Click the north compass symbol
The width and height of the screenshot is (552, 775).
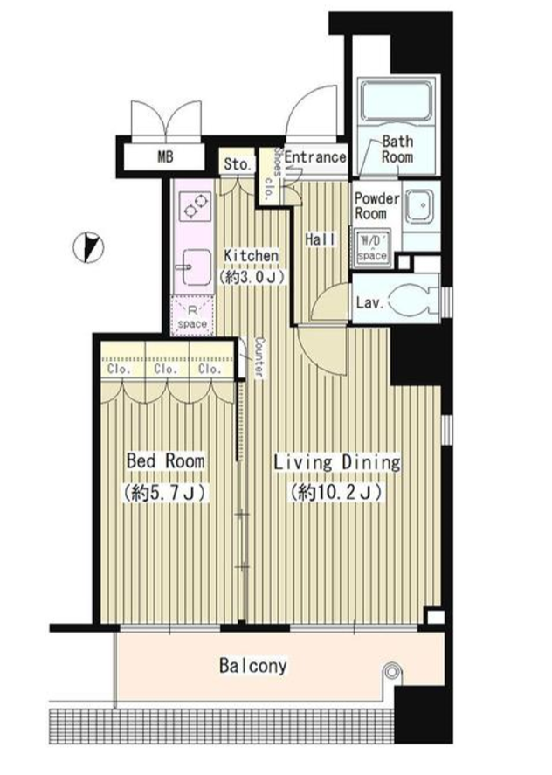point(88,247)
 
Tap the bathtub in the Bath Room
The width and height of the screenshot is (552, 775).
point(395,100)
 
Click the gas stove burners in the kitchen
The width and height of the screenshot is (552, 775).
point(197,205)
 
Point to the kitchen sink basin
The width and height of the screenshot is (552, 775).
point(197,266)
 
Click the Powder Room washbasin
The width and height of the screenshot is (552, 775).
point(421,205)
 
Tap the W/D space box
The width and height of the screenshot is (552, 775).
point(372,247)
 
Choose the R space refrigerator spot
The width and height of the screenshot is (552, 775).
point(192,315)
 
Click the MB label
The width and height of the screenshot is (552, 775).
point(165,157)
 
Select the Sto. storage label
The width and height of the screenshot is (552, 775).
point(237,164)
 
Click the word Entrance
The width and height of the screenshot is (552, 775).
point(314,157)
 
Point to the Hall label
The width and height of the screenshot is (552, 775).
point(321,239)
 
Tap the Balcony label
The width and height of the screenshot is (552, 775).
point(253,665)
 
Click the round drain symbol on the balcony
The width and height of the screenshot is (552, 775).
point(392,672)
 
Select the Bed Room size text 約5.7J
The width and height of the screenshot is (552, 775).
point(165,492)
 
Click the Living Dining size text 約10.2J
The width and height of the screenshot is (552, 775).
point(336,492)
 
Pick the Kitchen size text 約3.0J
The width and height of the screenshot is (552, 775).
point(252,276)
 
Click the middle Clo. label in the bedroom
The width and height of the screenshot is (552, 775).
point(166,369)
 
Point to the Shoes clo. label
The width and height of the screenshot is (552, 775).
point(273,175)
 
